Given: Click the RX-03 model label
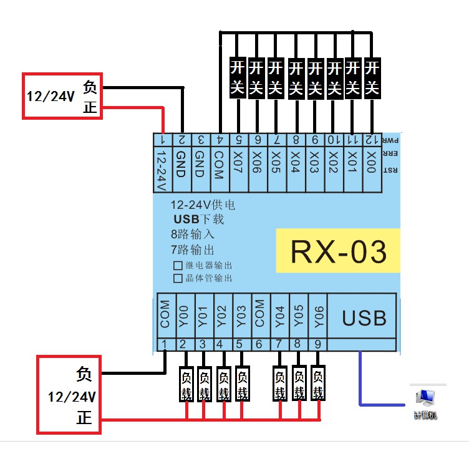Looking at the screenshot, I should tap(338, 251).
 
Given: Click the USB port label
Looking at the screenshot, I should tap(364, 318).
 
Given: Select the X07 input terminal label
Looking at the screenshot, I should tap(238, 163).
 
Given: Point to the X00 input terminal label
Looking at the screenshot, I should tap(372, 163).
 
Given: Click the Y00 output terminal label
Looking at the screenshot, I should tap(183, 317).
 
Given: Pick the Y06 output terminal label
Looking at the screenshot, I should tap(318, 317).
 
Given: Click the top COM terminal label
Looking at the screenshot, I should tap(218, 164).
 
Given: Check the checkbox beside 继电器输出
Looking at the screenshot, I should tap(178, 266).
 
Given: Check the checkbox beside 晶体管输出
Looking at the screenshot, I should tap(178, 279).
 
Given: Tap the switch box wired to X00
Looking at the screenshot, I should tap(372, 78).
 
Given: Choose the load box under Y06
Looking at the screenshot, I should tap(318, 384).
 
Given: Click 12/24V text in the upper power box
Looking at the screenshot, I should tap(50, 97).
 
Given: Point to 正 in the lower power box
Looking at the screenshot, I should tap(84, 417).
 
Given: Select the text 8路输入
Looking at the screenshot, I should tap(193, 235).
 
